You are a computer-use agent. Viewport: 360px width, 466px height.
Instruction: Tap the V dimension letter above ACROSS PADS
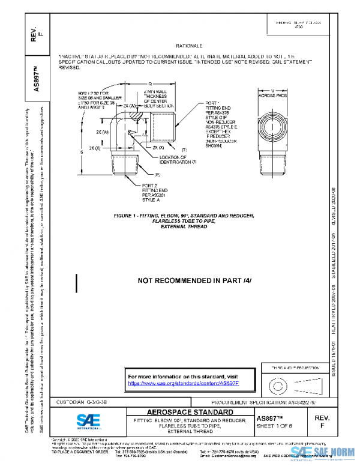click(273, 89)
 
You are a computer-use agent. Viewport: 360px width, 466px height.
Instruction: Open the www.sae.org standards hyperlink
click(184, 383)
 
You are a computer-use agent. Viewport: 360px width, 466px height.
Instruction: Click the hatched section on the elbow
click(136, 113)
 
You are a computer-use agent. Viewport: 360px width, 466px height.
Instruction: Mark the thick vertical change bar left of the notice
click(76, 282)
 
